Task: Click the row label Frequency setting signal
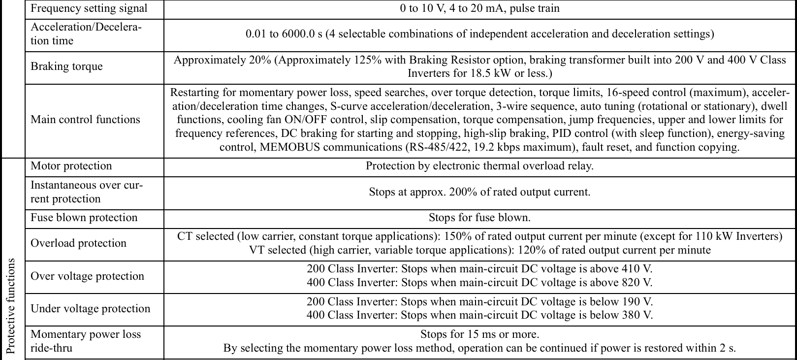89,8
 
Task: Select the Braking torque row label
66,66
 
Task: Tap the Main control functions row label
85,120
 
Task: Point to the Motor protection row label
71,166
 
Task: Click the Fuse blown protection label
84,218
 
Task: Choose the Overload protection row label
78,243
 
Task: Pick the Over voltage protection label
87,276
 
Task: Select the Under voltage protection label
90,309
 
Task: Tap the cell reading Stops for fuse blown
479,218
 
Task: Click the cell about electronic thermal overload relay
479,166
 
